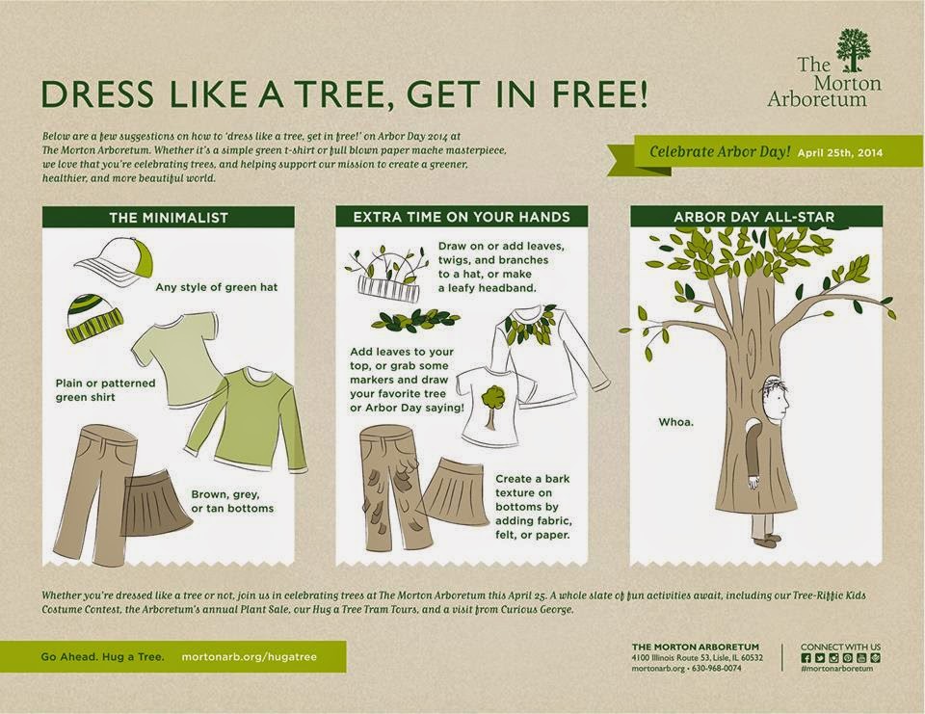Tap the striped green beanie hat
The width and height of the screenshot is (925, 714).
click(94, 319)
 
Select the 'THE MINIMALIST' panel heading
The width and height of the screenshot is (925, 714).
click(168, 218)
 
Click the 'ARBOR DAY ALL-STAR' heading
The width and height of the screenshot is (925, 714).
click(754, 217)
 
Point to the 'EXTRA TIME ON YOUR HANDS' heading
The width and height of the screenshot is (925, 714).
click(462, 217)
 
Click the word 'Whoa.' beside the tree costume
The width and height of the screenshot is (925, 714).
click(676, 422)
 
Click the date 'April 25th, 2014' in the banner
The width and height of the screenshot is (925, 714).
click(840, 152)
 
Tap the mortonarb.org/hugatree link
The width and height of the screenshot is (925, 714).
click(249, 657)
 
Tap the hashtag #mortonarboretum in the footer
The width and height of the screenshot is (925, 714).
click(836, 669)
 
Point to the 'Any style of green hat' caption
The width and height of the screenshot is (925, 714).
click(217, 287)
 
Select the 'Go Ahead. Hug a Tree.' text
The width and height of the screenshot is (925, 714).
click(103, 657)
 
